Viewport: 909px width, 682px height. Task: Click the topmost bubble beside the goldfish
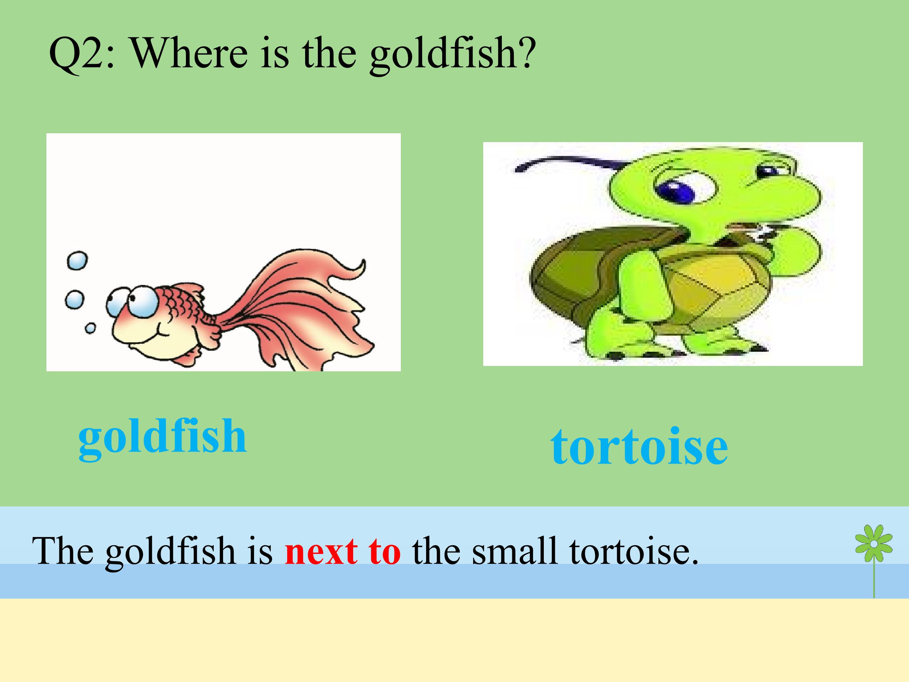77,260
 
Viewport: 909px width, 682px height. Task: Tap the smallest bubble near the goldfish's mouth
90,328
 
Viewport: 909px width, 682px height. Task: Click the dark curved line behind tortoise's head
567,162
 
